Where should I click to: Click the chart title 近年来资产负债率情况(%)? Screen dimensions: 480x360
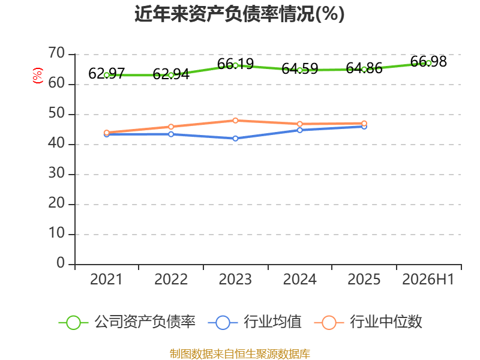click(239, 14)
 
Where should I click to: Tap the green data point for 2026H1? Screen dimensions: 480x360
click(428, 63)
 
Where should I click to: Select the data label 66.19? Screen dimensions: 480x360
click(235, 64)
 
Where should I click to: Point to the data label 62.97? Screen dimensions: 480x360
click(107, 73)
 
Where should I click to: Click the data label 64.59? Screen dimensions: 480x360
click(299, 68)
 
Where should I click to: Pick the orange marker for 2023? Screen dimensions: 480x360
click(235, 121)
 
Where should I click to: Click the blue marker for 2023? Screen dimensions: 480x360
click(235, 139)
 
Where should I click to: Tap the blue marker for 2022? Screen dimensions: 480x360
click(171, 134)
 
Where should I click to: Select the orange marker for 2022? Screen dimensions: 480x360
click(171, 127)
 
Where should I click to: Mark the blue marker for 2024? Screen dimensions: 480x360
click(299, 130)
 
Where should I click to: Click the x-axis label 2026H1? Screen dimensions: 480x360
click(428, 279)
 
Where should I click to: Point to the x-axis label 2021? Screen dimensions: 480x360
click(106, 279)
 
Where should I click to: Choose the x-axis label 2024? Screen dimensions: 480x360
click(299, 279)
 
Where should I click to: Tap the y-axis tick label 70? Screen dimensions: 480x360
click(56, 53)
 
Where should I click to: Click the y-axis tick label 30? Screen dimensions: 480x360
click(56, 173)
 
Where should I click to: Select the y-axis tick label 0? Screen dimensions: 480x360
click(61, 263)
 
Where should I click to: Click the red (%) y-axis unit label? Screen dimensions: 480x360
click(38, 76)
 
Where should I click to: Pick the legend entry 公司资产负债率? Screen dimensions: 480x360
click(127, 322)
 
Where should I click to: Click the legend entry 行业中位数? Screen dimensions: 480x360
click(368, 322)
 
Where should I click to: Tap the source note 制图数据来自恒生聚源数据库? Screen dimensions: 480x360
click(239, 354)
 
